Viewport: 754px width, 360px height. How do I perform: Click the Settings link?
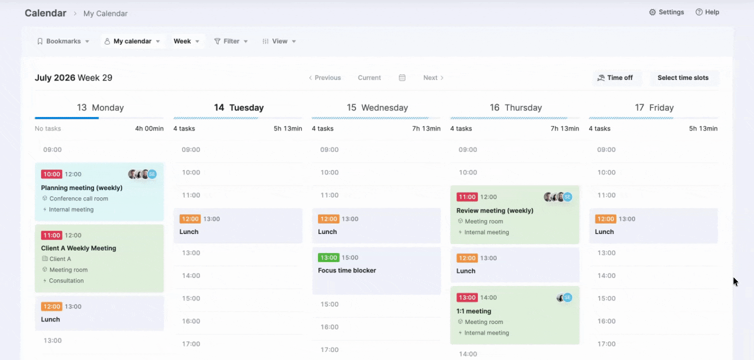tap(666, 12)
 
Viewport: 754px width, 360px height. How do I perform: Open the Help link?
tap(707, 12)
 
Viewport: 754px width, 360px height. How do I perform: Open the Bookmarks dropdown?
tap(63, 41)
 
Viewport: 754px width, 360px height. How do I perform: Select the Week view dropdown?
tap(186, 41)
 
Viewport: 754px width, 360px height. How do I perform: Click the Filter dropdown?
tap(231, 41)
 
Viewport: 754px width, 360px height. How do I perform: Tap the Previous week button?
tap(324, 78)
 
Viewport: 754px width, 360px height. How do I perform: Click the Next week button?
tap(433, 78)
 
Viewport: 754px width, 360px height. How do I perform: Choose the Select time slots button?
tap(683, 78)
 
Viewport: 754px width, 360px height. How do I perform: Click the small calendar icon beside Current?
tap(402, 78)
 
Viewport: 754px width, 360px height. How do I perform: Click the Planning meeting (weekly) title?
tap(81, 187)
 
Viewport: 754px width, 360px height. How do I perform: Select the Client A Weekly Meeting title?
tap(78, 248)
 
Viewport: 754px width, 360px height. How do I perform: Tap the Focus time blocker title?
tap(346, 270)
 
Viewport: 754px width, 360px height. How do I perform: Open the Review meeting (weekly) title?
tap(495, 210)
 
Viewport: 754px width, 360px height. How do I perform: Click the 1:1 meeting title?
tap(473, 311)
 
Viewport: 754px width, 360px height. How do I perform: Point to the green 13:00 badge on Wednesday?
tap(328, 257)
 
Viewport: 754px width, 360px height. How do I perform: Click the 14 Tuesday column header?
tap(238, 108)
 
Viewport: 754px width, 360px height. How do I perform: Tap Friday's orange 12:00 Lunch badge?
tap(605, 219)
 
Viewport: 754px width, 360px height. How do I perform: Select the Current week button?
tap(369, 78)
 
